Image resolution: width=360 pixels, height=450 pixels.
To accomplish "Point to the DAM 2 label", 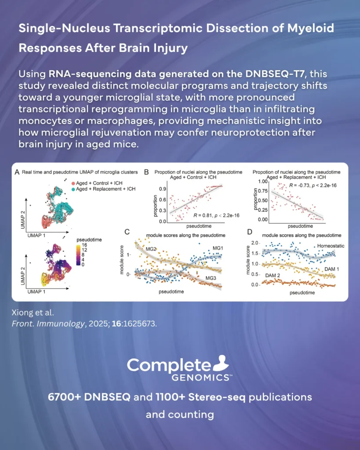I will pos(274,276).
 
